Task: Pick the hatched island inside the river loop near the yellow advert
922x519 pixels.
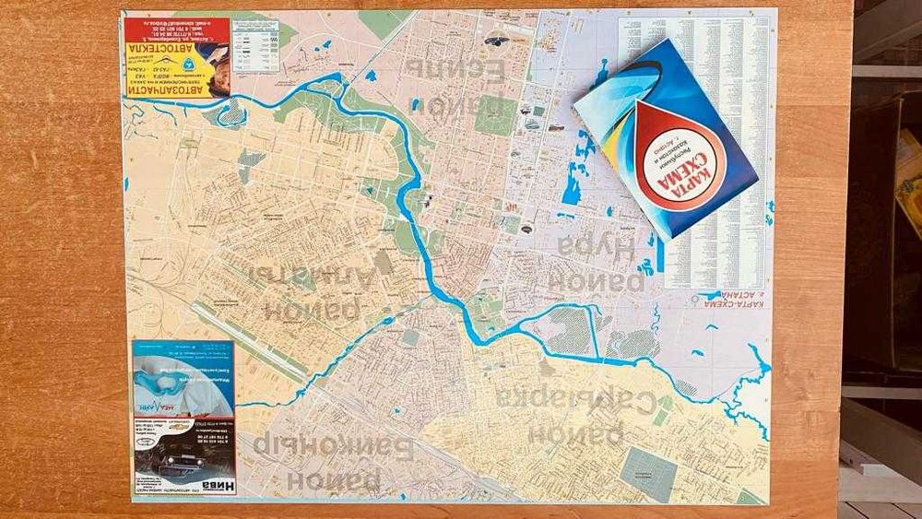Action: coord(233,112)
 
